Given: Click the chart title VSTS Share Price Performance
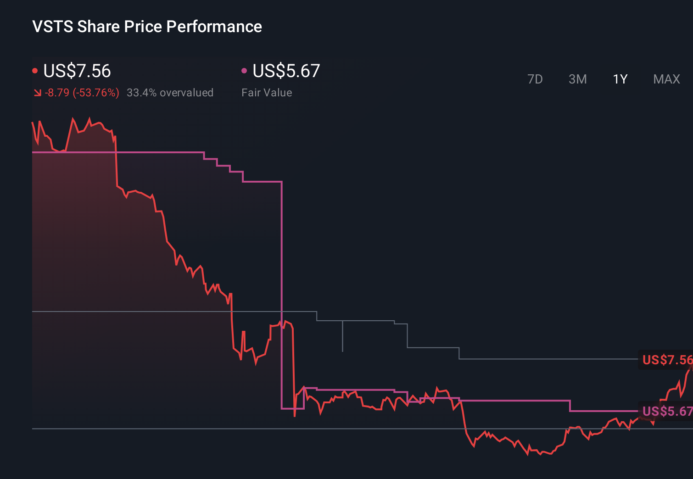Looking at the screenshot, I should pos(147,27).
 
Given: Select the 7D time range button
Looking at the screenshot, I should pos(535,79).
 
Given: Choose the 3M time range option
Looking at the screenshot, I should pos(577,79).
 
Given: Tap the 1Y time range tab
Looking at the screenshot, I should pos(620,79).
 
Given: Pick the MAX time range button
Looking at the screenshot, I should pos(666,79).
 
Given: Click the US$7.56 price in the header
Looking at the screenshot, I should pos(77,71).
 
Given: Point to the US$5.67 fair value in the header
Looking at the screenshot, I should pos(286,71).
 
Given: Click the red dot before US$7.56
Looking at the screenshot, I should pos(35,71).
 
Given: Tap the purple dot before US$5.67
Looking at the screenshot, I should pos(244,71).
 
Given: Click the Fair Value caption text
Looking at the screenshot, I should pos(267,93).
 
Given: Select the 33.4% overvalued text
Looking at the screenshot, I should pos(170,93).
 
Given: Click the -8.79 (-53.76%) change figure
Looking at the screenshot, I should pos(82,93).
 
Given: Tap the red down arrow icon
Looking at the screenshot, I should pos(37,93).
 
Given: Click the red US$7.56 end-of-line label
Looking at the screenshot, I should pos(666,360).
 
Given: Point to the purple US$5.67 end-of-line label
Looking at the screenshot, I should pos(666,411).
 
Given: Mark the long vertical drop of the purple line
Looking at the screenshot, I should pos(281,294).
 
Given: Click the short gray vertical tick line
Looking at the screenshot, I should pos(342,336).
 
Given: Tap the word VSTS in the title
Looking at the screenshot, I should pos(53,27).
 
